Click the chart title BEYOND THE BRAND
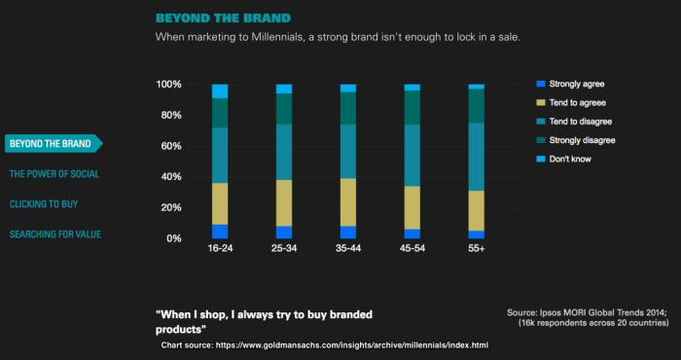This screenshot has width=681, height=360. tap(223, 18)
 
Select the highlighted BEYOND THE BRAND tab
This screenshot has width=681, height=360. tap(51, 144)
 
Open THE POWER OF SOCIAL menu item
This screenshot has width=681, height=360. tap(54, 174)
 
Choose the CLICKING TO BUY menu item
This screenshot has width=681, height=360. tap(44, 204)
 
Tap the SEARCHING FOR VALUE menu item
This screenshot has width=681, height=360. tap(55, 234)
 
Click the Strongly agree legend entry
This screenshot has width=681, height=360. tap(576, 84)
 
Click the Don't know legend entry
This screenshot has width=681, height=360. tap(570, 159)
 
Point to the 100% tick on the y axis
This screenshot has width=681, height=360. tap(168, 85)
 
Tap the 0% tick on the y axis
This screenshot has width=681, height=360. tap(173, 238)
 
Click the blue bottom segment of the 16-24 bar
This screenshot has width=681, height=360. tap(220, 232)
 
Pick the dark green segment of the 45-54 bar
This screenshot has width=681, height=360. tap(412, 107)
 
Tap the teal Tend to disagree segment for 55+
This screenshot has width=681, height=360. tap(476, 156)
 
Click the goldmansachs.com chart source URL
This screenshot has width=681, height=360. tap(352, 345)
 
